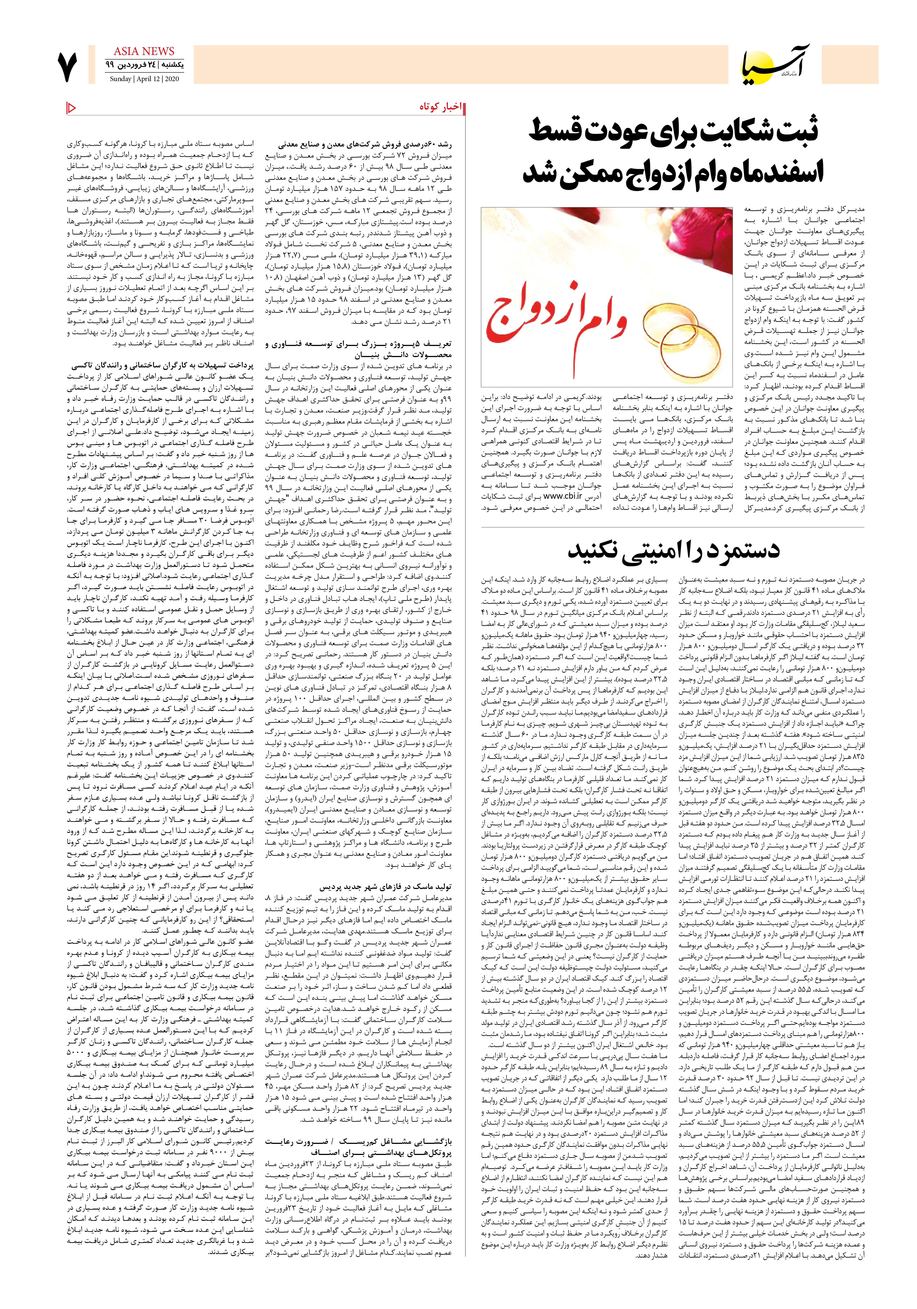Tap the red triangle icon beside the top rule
pos(71,107)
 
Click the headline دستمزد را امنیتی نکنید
pos(673,550)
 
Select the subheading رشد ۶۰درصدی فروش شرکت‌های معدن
pos(365,145)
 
